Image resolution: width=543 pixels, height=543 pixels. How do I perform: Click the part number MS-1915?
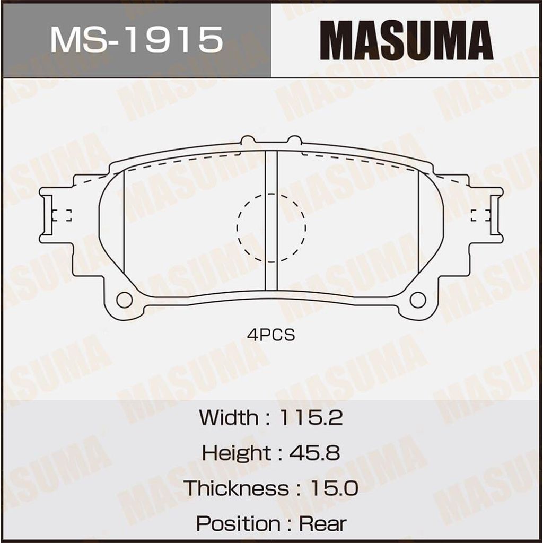tap(136, 40)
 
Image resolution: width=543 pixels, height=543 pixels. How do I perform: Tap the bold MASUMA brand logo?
tap(406, 40)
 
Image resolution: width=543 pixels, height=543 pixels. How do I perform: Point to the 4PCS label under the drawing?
tap(271, 335)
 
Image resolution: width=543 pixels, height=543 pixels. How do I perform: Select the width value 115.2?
tap(311, 418)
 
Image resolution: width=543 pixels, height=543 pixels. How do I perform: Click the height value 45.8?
tap(314, 453)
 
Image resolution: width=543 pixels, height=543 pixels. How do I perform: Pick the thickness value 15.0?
tap(334, 488)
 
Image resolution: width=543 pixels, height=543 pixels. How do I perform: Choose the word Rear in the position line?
tap(323, 523)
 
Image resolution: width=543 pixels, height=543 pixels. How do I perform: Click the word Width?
tap(229, 418)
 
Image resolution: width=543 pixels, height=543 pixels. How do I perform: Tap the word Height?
tap(237, 453)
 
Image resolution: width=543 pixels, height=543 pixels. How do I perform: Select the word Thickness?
tap(236, 488)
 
